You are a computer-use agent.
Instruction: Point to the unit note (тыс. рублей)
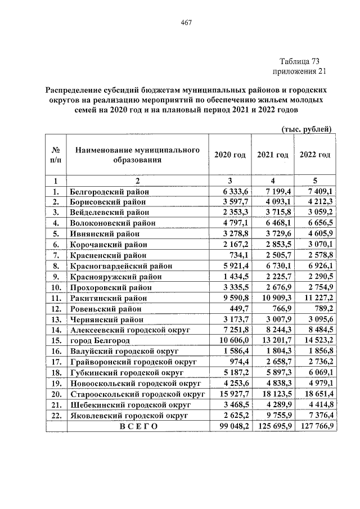[x=307, y=129]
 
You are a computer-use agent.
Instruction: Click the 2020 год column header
[x=231, y=155]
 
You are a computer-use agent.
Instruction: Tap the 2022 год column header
[x=315, y=155]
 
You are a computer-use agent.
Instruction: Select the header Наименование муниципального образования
[x=138, y=155]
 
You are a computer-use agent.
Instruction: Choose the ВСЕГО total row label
[x=138, y=426]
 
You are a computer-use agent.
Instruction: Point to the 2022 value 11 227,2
[x=316, y=298]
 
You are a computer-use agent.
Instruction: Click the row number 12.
[x=56, y=309]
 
